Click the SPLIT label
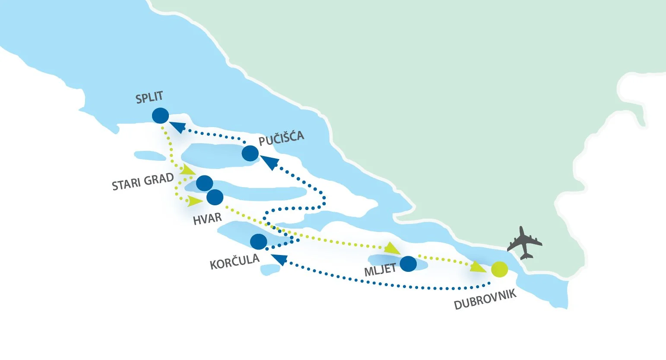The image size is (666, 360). [x=149, y=98]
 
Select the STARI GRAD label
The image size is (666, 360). [x=143, y=182]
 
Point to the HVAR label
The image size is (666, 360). [x=207, y=218]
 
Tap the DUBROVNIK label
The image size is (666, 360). [x=485, y=300]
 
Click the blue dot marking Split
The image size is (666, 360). [x=160, y=115]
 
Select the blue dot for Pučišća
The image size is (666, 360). [x=250, y=153]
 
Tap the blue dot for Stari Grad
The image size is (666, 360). [x=204, y=183]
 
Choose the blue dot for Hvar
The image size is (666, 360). [x=215, y=198]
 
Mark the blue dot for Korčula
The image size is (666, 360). [x=258, y=242]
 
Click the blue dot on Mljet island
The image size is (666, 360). [x=408, y=264]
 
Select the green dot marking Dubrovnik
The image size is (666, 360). [x=499, y=270]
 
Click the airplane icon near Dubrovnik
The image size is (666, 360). [x=524, y=243]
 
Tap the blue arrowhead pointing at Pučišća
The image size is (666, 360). [x=270, y=162]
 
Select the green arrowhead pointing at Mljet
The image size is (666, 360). [x=392, y=248]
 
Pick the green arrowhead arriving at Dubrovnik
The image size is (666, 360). [x=478, y=267]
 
